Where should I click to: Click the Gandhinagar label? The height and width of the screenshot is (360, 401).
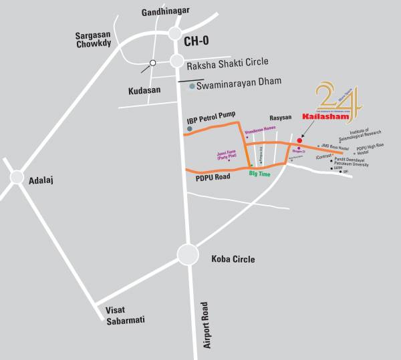166,12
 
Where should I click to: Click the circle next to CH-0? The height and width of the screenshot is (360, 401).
176,33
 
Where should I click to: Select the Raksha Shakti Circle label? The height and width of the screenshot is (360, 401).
227,62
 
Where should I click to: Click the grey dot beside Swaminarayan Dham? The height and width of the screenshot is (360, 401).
192,86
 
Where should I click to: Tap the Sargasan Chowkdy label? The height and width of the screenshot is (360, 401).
96,40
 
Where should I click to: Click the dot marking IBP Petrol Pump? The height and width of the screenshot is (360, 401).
190,128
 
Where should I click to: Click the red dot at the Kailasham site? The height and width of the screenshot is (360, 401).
299,140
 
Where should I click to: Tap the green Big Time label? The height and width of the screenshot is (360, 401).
259,174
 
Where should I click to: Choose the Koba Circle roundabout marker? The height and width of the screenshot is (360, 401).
188,254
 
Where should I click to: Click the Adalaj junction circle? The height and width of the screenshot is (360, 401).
16,176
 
